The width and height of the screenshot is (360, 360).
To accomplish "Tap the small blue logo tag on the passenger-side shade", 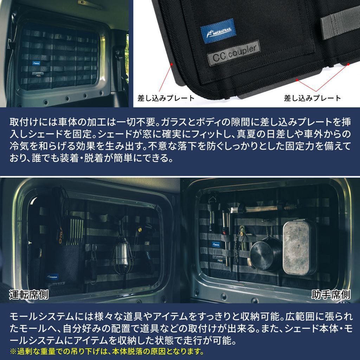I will tap(216, 244).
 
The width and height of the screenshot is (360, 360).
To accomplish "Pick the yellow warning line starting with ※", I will tap(107, 351).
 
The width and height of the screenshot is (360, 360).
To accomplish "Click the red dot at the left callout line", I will tap(172, 64).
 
